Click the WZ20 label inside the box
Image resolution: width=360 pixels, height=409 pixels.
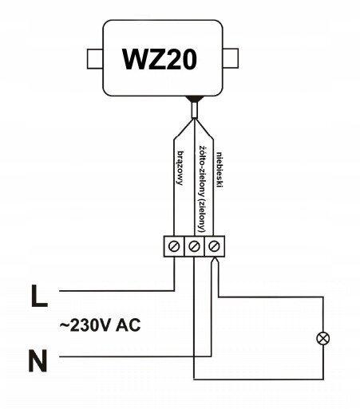pos(160,60)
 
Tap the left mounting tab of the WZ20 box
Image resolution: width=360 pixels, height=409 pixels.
pos(95,59)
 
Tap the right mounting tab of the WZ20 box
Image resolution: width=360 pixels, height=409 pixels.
pos(231,58)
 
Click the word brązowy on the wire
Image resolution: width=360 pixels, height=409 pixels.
pos(180,168)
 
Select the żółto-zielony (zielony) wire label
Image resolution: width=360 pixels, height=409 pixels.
pos(202,190)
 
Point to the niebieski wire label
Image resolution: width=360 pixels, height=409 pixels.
pos(220,170)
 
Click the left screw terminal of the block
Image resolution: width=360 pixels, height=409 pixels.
pos(174,246)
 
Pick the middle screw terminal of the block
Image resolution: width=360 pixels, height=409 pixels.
pos(194,246)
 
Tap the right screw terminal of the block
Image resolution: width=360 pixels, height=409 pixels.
pos(215,246)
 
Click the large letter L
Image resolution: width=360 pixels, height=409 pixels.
pos(39,296)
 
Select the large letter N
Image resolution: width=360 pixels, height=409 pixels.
pos(38,360)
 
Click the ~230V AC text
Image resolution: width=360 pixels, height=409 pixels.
pos(100,324)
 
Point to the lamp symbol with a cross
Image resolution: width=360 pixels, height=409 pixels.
pos(323,339)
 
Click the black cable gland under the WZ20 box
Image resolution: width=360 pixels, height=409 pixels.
pos(195,99)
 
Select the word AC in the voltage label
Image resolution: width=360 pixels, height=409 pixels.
pos(129,324)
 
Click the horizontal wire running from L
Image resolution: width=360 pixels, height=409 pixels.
pos(117,291)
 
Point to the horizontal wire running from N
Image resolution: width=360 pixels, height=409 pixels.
pos(135,356)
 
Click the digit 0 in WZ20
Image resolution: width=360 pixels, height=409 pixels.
pos(188,60)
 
